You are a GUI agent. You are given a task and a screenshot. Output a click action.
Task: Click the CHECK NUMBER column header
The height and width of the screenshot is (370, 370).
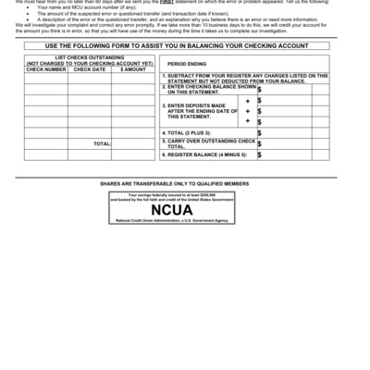click(46, 68)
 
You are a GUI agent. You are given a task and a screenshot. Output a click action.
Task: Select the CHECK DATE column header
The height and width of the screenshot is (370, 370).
click(90, 68)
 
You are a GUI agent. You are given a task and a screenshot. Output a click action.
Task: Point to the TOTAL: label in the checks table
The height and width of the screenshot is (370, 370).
click(102, 144)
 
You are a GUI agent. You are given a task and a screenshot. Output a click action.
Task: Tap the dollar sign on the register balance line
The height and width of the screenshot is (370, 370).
click(259, 154)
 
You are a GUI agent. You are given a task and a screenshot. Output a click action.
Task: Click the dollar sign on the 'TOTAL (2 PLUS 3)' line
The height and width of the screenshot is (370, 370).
click(259, 132)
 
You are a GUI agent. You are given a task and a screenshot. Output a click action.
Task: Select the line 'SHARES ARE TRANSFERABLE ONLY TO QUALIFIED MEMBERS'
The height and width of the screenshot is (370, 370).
click(184, 184)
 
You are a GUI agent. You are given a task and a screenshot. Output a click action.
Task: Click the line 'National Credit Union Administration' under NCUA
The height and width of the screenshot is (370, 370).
click(184, 222)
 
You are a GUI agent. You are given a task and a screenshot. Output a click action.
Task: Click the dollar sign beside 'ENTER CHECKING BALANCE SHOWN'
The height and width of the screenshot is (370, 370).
click(259, 90)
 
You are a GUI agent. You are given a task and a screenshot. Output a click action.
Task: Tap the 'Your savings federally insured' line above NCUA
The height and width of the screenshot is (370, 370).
click(184, 195)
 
